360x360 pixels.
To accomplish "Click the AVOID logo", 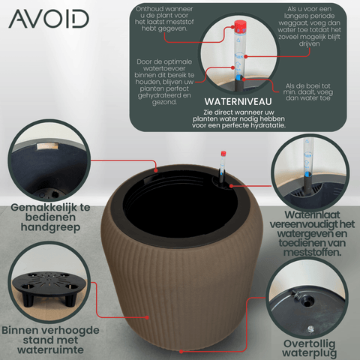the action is [49, 19].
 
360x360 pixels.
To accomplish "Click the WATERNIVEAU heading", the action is [238, 102].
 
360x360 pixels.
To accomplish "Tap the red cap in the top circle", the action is [241, 25].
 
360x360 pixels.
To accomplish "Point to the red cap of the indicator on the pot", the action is [223, 154].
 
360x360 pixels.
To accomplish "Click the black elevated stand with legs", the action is [49, 287].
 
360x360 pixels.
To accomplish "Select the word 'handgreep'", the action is [50, 227].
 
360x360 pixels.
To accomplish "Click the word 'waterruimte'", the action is [50, 350].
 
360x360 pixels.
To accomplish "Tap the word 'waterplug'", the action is [309, 353].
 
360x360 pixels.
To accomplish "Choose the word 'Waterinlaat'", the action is [312, 215].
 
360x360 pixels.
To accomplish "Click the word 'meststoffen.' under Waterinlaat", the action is [312, 252].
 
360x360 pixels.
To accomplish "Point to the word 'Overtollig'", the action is [309, 344].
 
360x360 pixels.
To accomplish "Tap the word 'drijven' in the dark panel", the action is [309, 43].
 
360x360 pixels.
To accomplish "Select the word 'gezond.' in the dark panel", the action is [164, 102].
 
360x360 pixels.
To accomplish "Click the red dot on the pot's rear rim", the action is [156, 170].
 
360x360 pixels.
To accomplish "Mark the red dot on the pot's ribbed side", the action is [147, 317].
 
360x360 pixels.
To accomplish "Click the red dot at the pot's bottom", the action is [181, 352].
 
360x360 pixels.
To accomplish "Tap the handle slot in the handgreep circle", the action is [47, 146].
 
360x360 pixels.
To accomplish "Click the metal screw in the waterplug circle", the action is [310, 328].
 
